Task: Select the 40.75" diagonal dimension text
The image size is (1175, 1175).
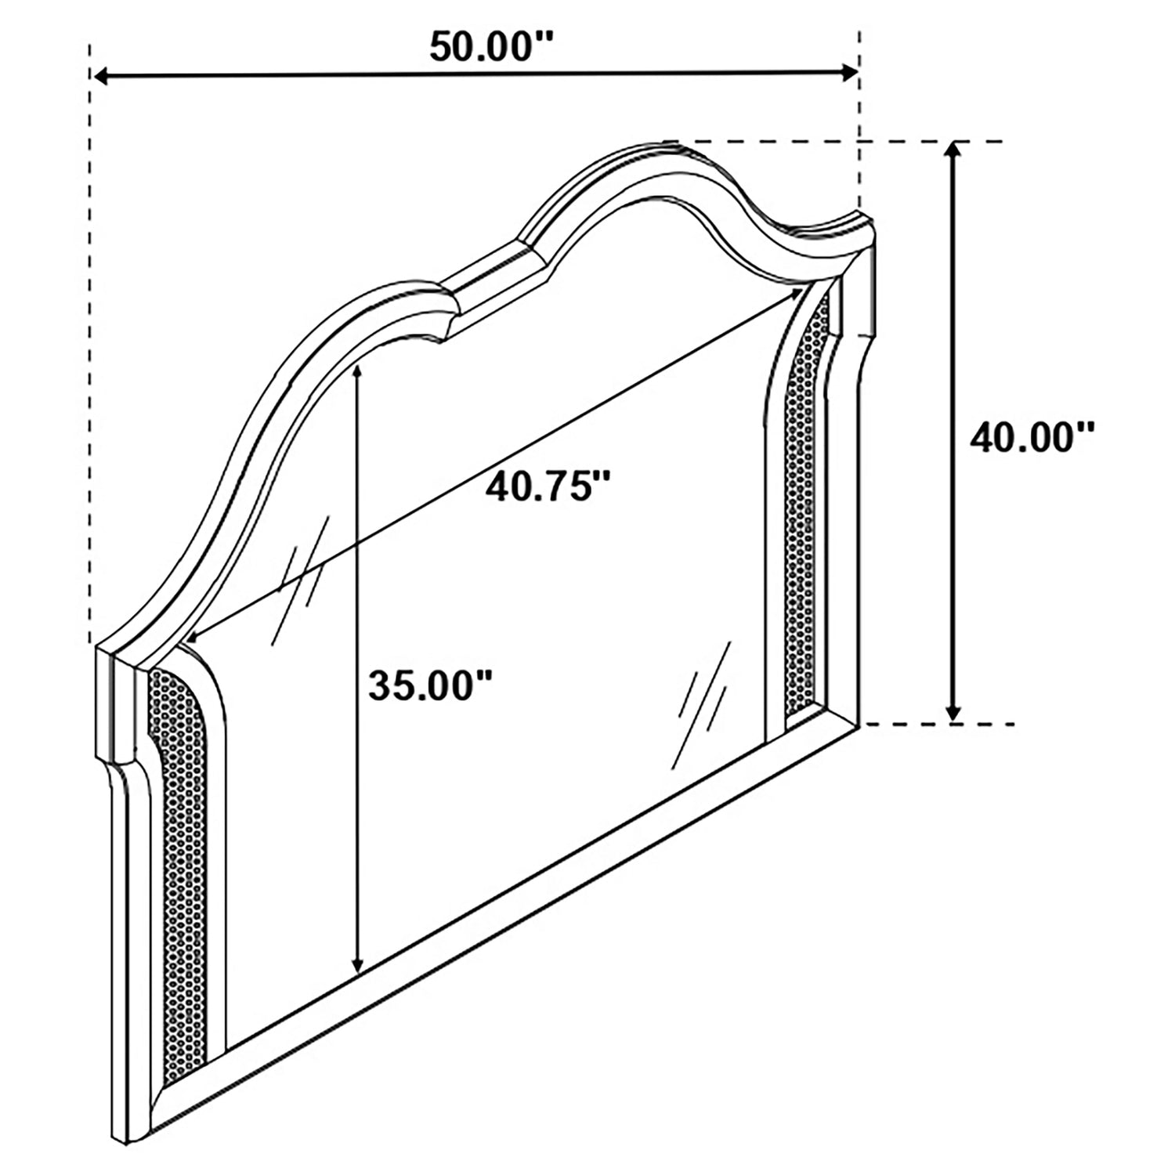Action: click(547, 487)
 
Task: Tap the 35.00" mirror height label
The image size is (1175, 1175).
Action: click(430, 686)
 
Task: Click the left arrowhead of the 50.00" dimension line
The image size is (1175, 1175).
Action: click(102, 75)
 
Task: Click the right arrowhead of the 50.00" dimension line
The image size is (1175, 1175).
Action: click(850, 73)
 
